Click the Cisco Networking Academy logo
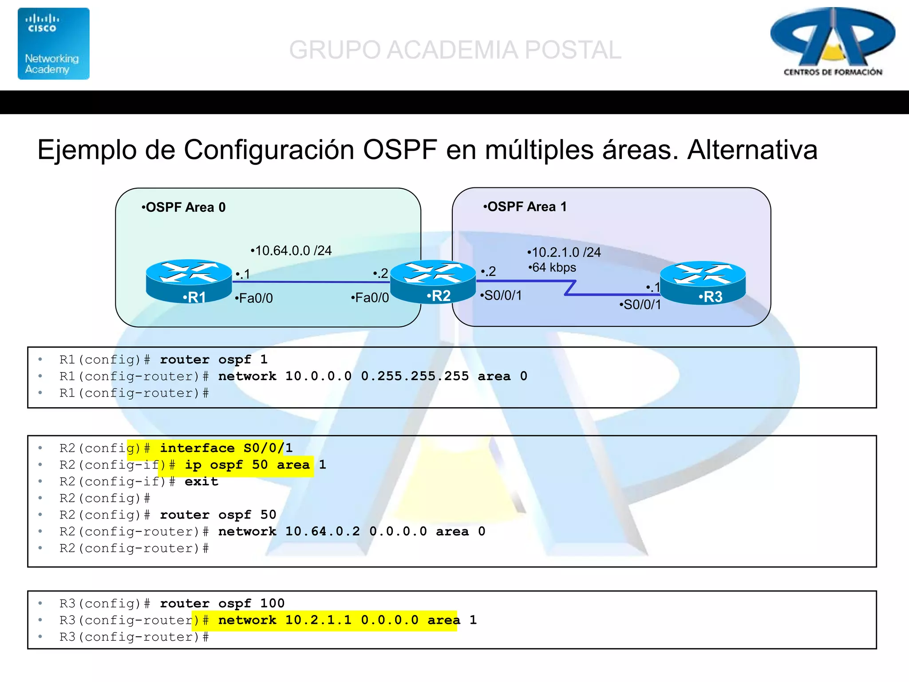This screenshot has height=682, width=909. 53,44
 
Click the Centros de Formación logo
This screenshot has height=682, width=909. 832,42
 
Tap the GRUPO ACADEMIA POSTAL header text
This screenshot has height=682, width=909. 455,50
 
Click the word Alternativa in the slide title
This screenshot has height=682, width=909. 752,150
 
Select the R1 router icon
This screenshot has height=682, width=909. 189,281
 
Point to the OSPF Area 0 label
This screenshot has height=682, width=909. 184,207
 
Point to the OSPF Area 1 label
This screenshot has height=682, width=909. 525,206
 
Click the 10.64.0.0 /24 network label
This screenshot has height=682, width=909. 292,250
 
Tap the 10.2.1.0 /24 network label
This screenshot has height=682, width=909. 564,252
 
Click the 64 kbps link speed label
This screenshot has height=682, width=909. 553,267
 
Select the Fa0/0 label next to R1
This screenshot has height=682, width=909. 254,298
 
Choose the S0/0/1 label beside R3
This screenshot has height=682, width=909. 640,305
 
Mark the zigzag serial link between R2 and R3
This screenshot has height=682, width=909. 570,288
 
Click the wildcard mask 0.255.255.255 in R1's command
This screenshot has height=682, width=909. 415,376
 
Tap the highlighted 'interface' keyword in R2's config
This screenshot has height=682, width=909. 197,448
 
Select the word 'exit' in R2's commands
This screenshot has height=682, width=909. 201,481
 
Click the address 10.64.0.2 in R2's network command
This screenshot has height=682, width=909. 323,531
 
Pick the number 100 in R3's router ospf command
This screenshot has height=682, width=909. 272,603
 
